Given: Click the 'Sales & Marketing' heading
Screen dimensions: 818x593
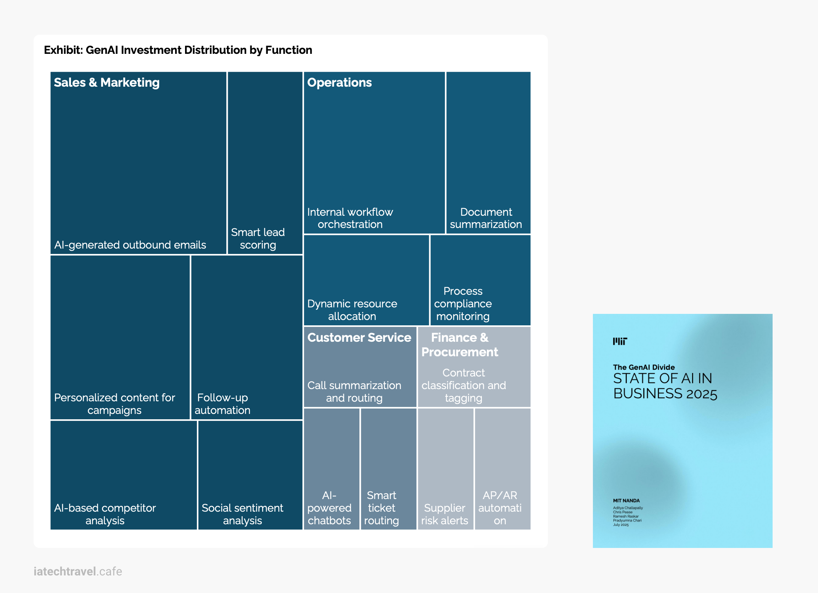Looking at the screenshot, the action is (x=107, y=82).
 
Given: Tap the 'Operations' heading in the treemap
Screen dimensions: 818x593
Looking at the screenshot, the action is (x=339, y=82).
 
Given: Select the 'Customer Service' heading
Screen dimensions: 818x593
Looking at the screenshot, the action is (x=359, y=338).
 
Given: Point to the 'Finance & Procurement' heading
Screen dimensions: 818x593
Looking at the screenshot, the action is (x=460, y=344).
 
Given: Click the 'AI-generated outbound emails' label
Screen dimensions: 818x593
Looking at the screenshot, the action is (x=130, y=245).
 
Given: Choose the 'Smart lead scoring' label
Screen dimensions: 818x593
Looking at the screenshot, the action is (x=258, y=238).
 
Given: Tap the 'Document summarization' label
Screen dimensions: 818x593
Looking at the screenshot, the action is (x=486, y=218).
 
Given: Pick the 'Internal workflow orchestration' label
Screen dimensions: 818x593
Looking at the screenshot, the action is (x=350, y=218).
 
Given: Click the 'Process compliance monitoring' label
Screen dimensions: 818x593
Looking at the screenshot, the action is (x=463, y=304).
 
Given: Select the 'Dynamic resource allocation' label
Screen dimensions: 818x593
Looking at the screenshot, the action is (x=352, y=310).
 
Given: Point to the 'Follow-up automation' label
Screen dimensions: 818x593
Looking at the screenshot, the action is (x=222, y=404).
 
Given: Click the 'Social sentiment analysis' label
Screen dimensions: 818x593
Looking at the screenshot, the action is (x=242, y=514).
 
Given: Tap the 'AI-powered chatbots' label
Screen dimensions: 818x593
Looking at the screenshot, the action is (x=329, y=508).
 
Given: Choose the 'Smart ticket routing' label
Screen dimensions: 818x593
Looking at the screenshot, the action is (x=382, y=508).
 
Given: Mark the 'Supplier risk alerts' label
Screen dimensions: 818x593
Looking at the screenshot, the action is (x=444, y=514).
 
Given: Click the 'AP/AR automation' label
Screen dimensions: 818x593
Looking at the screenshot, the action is (x=500, y=508).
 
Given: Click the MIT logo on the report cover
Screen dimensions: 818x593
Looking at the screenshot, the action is (x=620, y=341).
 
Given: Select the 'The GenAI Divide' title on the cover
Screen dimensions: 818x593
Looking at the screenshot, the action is (x=644, y=367).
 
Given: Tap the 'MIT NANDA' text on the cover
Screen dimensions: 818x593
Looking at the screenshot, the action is (x=626, y=501).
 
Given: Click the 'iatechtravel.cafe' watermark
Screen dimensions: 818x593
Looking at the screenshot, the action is (x=78, y=571).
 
